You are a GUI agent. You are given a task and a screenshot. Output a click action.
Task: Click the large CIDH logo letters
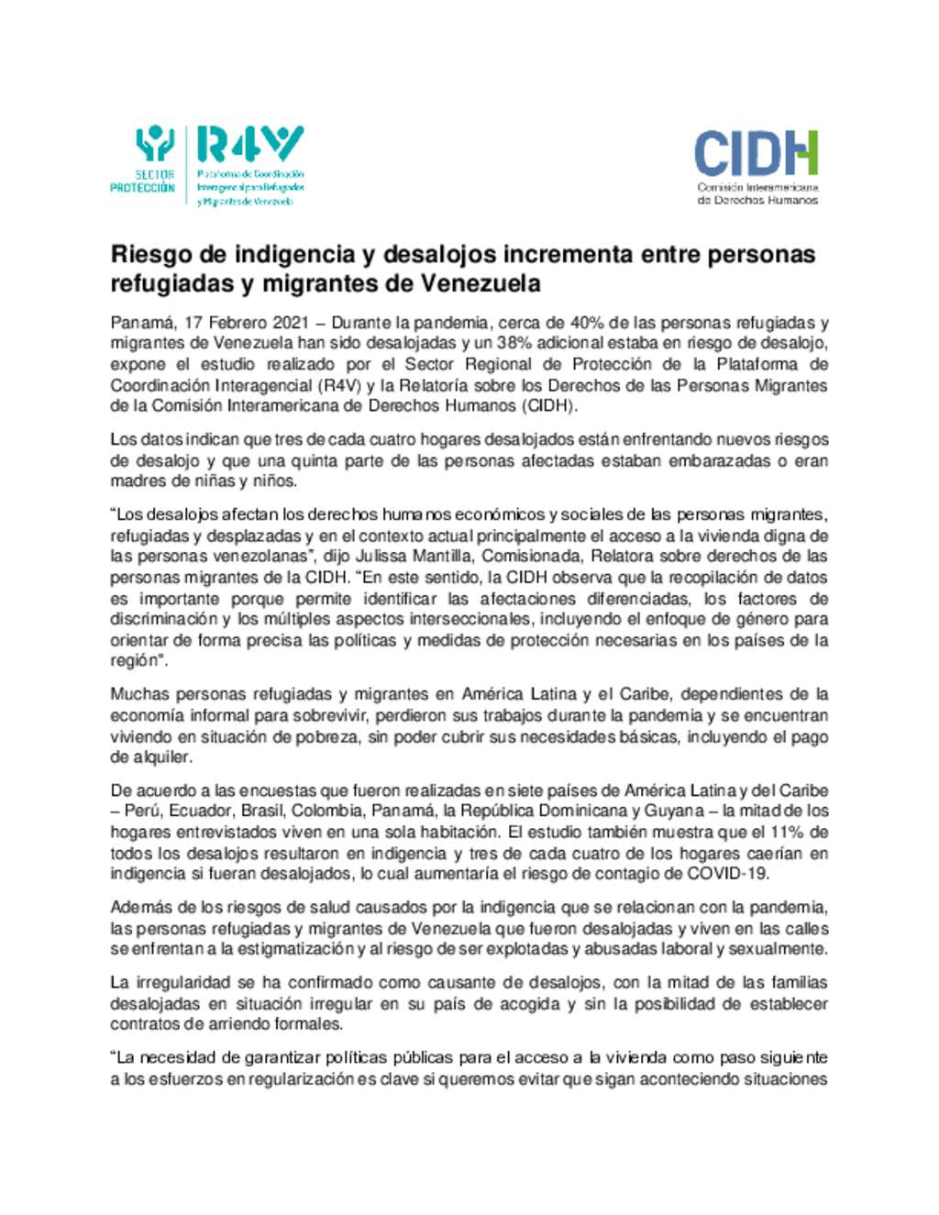coord(756,153)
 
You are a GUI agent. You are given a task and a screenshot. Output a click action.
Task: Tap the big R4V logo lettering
coord(249,144)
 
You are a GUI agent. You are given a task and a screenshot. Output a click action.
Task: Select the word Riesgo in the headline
coord(149,253)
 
